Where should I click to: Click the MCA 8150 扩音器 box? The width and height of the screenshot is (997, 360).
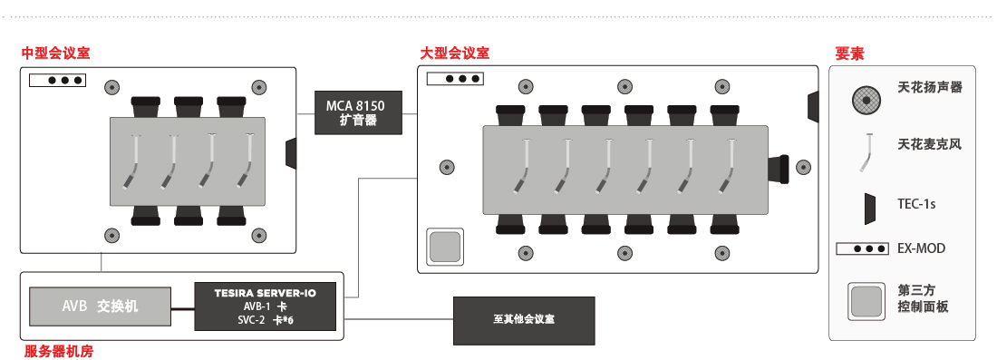click(359, 112)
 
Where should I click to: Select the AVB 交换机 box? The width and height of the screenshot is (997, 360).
click(101, 306)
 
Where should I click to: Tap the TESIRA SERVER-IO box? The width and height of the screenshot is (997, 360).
click(266, 306)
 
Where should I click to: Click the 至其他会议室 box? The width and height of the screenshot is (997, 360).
click(524, 321)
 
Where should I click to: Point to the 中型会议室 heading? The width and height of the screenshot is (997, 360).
click(56, 53)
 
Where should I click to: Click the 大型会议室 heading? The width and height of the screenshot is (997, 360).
click(455, 53)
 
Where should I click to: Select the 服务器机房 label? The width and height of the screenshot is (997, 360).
click(59, 350)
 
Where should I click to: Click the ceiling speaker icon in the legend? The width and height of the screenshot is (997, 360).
click(868, 98)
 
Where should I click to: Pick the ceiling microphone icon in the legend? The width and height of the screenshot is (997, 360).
click(866, 152)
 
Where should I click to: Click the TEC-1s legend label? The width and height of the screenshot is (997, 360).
click(916, 204)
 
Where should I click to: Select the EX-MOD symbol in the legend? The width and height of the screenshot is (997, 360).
click(862, 248)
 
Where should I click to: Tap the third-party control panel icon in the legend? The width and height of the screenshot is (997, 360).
click(866, 301)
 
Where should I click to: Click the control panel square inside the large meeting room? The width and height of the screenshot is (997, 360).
click(444, 247)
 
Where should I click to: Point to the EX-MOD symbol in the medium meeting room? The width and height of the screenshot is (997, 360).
click(57, 81)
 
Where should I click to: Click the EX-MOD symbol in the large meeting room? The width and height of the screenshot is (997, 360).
click(455, 79)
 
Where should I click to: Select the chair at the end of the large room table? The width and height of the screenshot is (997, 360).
click(779, 167)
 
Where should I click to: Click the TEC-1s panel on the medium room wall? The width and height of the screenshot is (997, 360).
click(291, 153)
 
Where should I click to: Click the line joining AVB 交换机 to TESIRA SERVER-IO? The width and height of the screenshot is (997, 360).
click(182, 310)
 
